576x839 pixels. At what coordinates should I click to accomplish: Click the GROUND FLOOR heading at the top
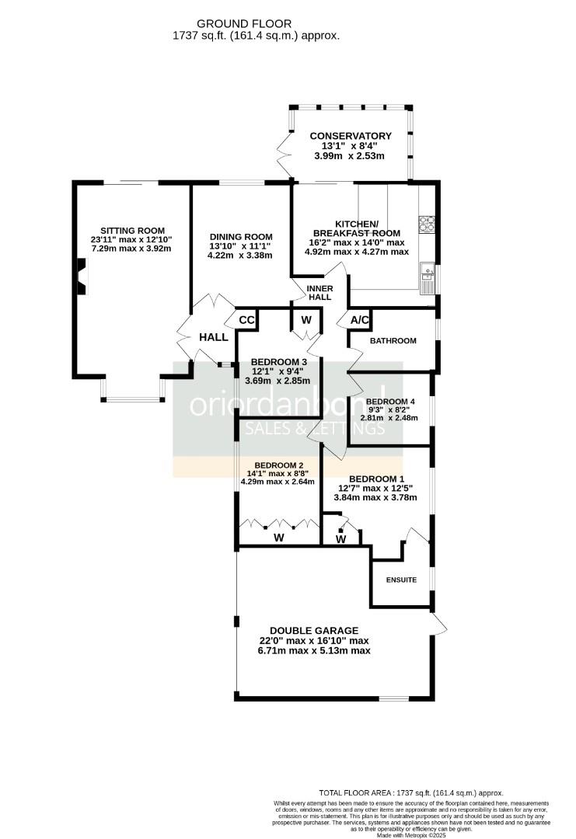click(256, 24)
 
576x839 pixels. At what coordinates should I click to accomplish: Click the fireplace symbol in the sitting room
click(81, 276)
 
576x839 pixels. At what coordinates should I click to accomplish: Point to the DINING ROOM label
click(240, 237)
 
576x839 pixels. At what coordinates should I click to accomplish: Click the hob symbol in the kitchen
click(427, 224)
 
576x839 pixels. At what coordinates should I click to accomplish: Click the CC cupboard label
click(246, 320)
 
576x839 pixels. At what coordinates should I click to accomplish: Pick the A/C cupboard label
click(359, 320)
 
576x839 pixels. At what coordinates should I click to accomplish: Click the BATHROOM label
click(393, 341)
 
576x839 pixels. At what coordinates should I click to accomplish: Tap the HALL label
click(214, 337)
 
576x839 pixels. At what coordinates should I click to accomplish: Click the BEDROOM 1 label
click(376, 479)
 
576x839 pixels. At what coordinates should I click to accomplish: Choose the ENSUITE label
click(401, 580)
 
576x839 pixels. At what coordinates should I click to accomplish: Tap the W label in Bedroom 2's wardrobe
click(278, 537)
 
